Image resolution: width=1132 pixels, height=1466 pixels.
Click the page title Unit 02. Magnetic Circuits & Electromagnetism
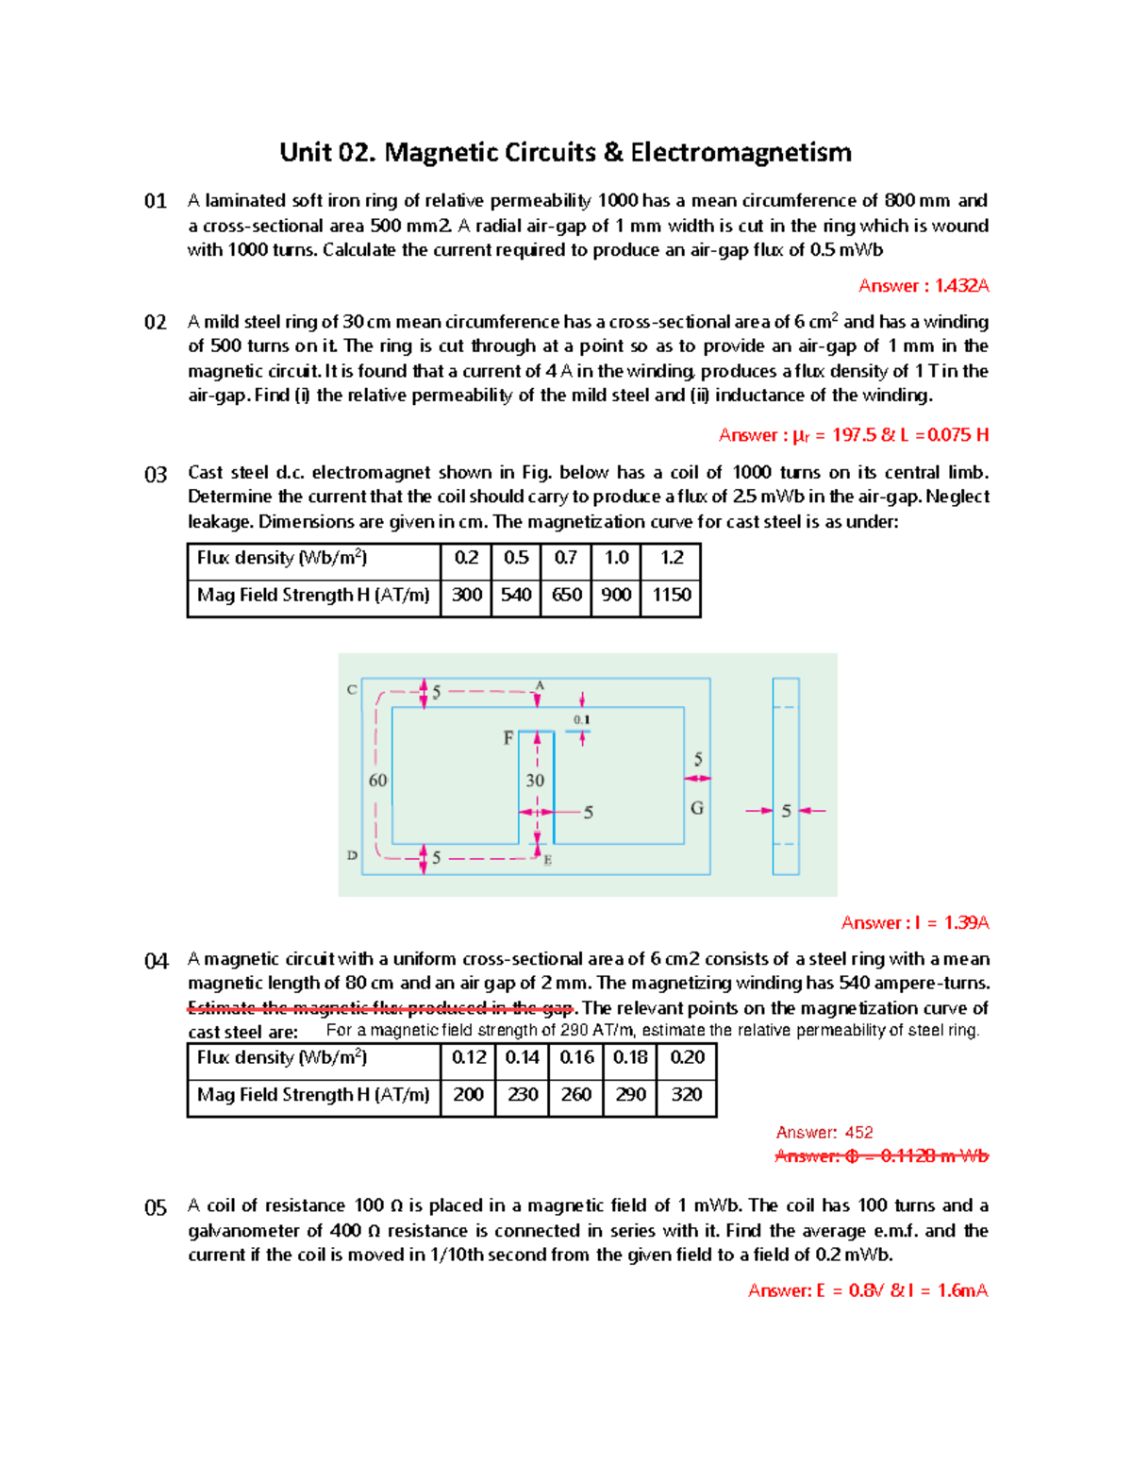565,152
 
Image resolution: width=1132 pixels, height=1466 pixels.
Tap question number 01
155,201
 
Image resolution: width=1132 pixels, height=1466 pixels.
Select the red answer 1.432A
923,286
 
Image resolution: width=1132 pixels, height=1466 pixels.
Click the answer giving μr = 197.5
853,435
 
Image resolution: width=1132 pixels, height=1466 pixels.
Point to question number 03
155,474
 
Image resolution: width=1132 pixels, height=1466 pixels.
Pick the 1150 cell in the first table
671,595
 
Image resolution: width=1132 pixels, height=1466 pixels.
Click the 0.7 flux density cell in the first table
565,558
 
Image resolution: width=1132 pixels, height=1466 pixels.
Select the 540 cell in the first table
516,595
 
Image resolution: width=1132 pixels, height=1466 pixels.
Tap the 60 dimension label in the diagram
377,780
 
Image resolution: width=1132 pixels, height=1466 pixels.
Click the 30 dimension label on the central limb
535,780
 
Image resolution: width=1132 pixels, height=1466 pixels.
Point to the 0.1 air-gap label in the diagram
582,719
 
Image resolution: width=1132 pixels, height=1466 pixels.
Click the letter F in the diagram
508,738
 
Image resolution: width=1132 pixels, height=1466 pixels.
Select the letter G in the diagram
697,808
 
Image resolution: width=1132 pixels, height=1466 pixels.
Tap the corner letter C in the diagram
352,690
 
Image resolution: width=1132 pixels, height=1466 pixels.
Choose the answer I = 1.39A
914,923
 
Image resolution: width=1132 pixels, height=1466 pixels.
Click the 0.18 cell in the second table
630,1057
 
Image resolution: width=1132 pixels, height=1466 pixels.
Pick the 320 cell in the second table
686,1094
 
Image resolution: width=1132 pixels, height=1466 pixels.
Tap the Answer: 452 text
824,1132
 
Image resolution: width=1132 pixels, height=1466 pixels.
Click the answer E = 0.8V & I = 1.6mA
867,1290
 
